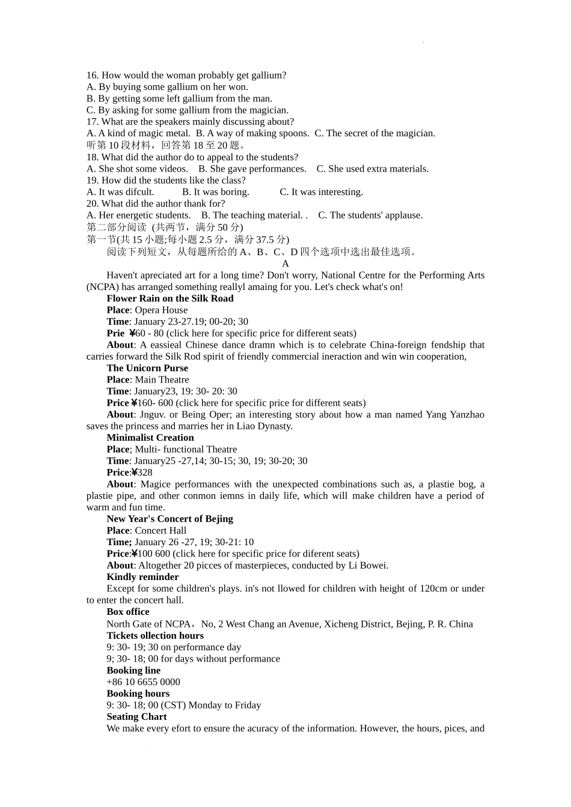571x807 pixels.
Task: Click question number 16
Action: pyautogui.click(x=92, y=75)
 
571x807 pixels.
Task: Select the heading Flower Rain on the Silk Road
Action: pyautogui.click(x=170, y=298)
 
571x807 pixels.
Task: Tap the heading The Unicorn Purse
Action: pyautogui.click(x=147, y=368)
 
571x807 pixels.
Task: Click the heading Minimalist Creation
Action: pyautogui.click(x=150, y=438)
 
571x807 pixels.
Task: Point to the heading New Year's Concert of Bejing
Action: pyautogui.click(x=169, y=519)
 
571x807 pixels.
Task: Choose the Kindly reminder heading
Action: pyautogui.click(x=142, y=577)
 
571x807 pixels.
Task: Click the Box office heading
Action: pyautogui.click(x=128, y=612)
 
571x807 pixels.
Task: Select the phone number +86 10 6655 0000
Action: pyautogui.click(x=143, y=682)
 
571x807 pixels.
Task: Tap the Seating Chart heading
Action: pyautogui.click(x=136, y=717)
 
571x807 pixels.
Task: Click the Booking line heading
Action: pyautogui.click(x=133, y=671)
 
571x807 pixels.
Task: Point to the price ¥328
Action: pyautogui.click(x=142, y=473)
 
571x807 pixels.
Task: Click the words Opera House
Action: pyautogui.click(x=161, y=310)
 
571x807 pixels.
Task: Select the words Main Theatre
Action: pyautogui.click(x=162, y=379)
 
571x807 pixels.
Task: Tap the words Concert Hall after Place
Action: pyautogui.click(x=160, y=531)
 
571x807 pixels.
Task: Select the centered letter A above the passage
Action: pyautogui.click(x=285, y=264)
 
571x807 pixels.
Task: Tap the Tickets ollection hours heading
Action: pyautogui.click(x=155, y=635)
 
